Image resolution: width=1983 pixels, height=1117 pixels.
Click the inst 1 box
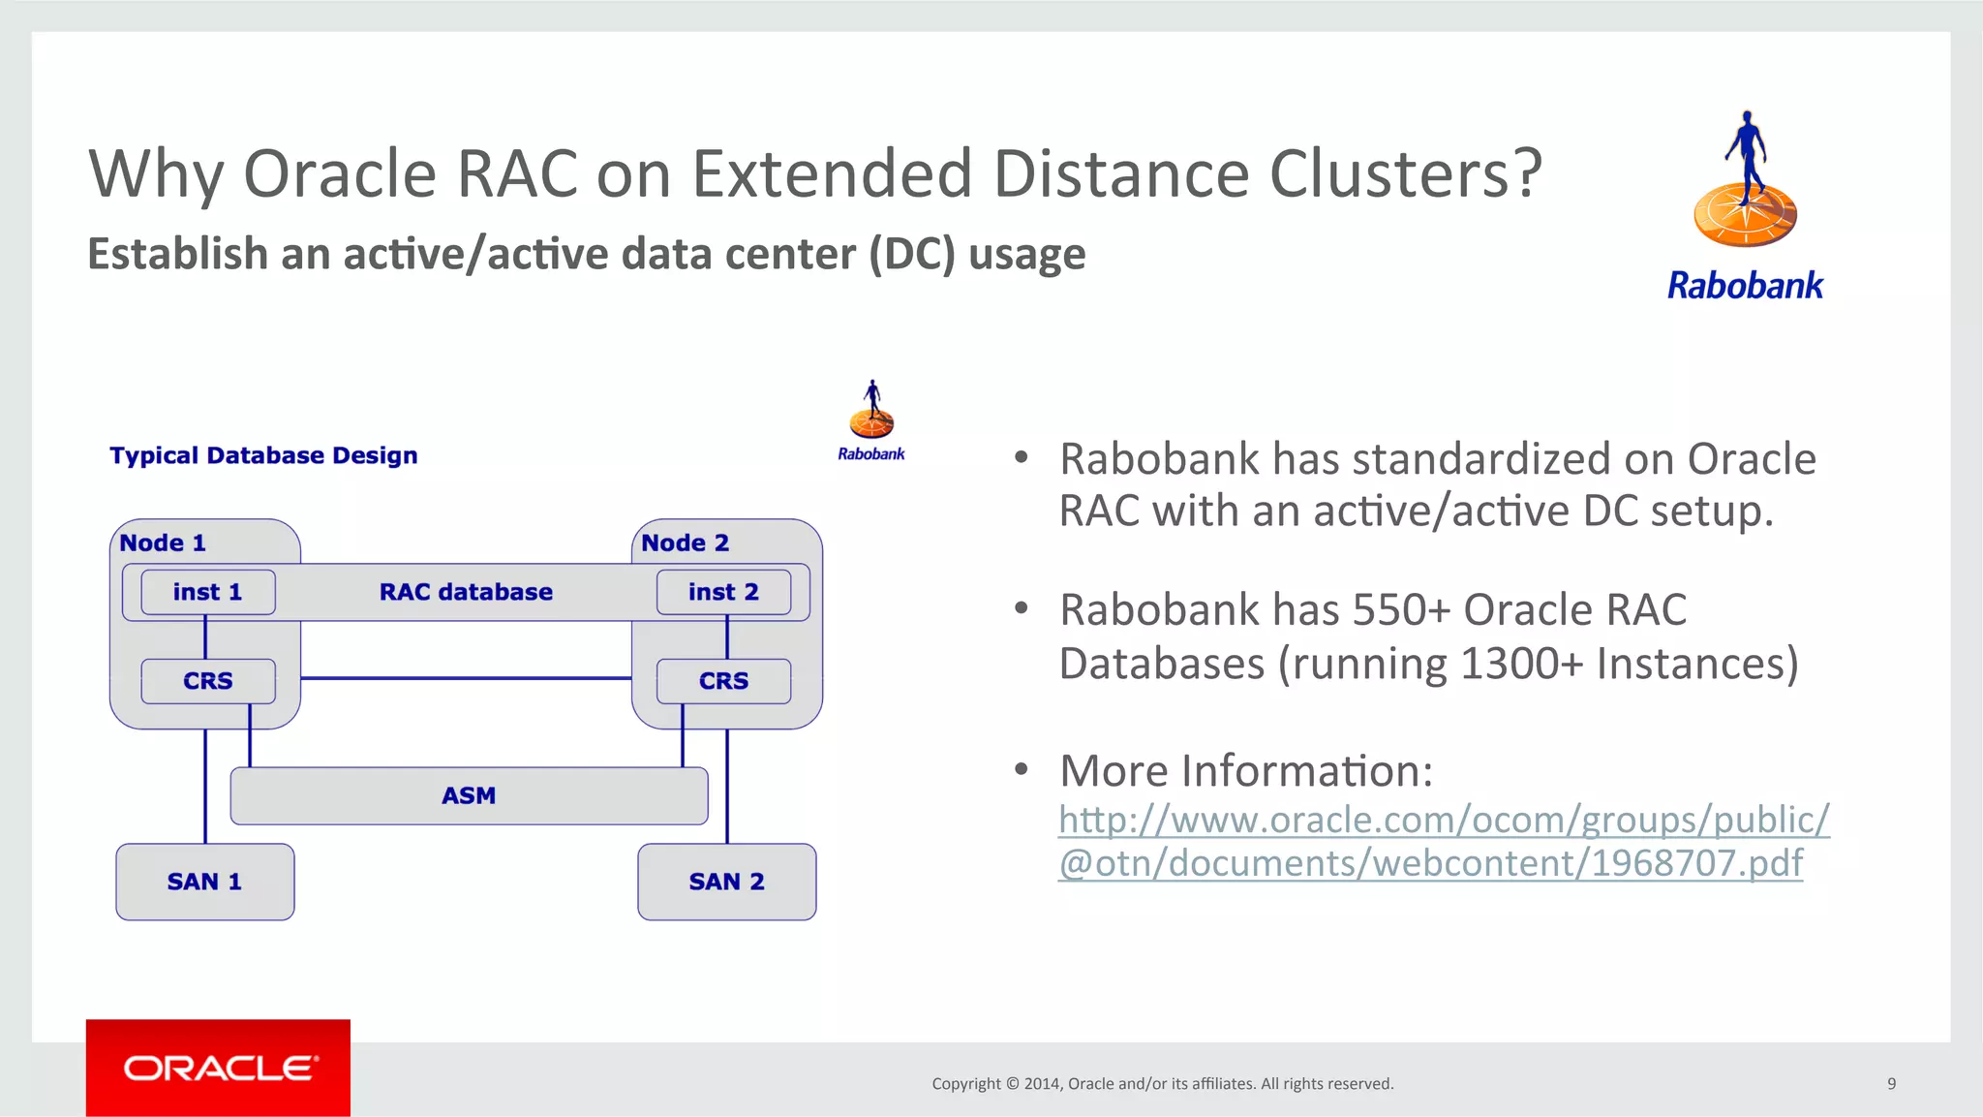point(207,592)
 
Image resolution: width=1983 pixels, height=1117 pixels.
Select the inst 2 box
point(723,592)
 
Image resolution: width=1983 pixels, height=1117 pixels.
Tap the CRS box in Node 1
point(207,681)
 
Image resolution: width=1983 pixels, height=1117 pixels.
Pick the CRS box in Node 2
point(723,681)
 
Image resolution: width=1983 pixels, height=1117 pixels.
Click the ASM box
point(469,795)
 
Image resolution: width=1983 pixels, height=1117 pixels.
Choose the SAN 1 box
point(204,882)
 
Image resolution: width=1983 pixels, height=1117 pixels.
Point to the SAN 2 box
point(726,882)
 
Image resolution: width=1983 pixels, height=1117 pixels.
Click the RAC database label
point(466,592)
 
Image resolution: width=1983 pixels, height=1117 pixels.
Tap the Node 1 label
point(163,543)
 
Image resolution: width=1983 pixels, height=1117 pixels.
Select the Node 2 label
point(685,543)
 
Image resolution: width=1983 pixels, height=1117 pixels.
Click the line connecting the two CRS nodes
point(465,678)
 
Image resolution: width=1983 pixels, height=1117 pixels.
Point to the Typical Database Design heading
point(263,455)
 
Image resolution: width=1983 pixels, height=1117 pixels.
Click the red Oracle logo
point(218,1068)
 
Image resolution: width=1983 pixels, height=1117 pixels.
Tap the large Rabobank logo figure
point(1745,184)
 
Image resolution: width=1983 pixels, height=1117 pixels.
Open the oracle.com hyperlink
point(1443,841)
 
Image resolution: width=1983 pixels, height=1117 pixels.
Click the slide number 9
point(1891,1083)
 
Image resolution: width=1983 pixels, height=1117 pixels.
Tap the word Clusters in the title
point(1404,174)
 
